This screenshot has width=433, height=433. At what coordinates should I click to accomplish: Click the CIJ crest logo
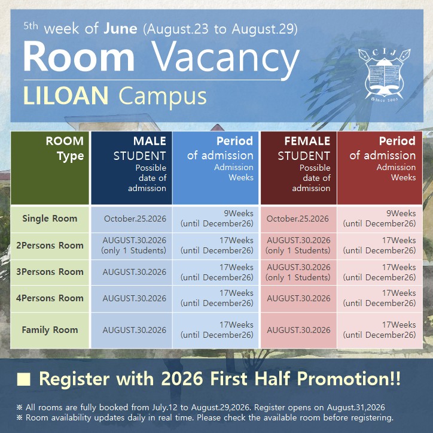[x=385, y=75]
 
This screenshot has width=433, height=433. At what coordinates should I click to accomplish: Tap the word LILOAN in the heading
[x=66, y=95]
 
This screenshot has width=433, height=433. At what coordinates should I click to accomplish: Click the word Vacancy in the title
[x=225, y=59]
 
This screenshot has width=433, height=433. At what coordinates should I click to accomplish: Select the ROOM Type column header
[x=50, y=168]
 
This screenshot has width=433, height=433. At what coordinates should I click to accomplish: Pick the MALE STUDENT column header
[x=132, y=168]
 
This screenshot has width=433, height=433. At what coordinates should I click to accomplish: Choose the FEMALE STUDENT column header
[x=298, y=168]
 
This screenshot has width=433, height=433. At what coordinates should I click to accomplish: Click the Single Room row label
[x=50, y=219]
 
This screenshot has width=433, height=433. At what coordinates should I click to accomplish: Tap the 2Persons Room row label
[x=50, y=246]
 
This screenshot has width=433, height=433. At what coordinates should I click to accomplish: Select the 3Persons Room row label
[x=50, y=272]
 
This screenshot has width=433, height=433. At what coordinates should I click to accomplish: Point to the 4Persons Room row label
[x=50, y=298]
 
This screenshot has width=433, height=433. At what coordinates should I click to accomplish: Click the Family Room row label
[x=50, y=330]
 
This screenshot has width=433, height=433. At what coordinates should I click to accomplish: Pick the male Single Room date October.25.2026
[x=135, y=219]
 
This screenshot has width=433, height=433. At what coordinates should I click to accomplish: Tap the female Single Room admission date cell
[x=298, y=219]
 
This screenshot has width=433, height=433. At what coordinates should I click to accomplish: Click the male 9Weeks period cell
[x=215, y=219]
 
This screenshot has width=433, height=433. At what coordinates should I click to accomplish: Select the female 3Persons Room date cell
[x=298, y=272]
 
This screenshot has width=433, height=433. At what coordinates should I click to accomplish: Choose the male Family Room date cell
[x=132, y=330]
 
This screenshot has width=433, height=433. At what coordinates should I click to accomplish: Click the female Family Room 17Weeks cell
[x=380, y=330]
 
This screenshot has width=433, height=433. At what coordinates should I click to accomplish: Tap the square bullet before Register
[x=24, y=379]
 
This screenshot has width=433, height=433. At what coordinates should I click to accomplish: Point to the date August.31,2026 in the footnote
[x=356, y=408]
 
